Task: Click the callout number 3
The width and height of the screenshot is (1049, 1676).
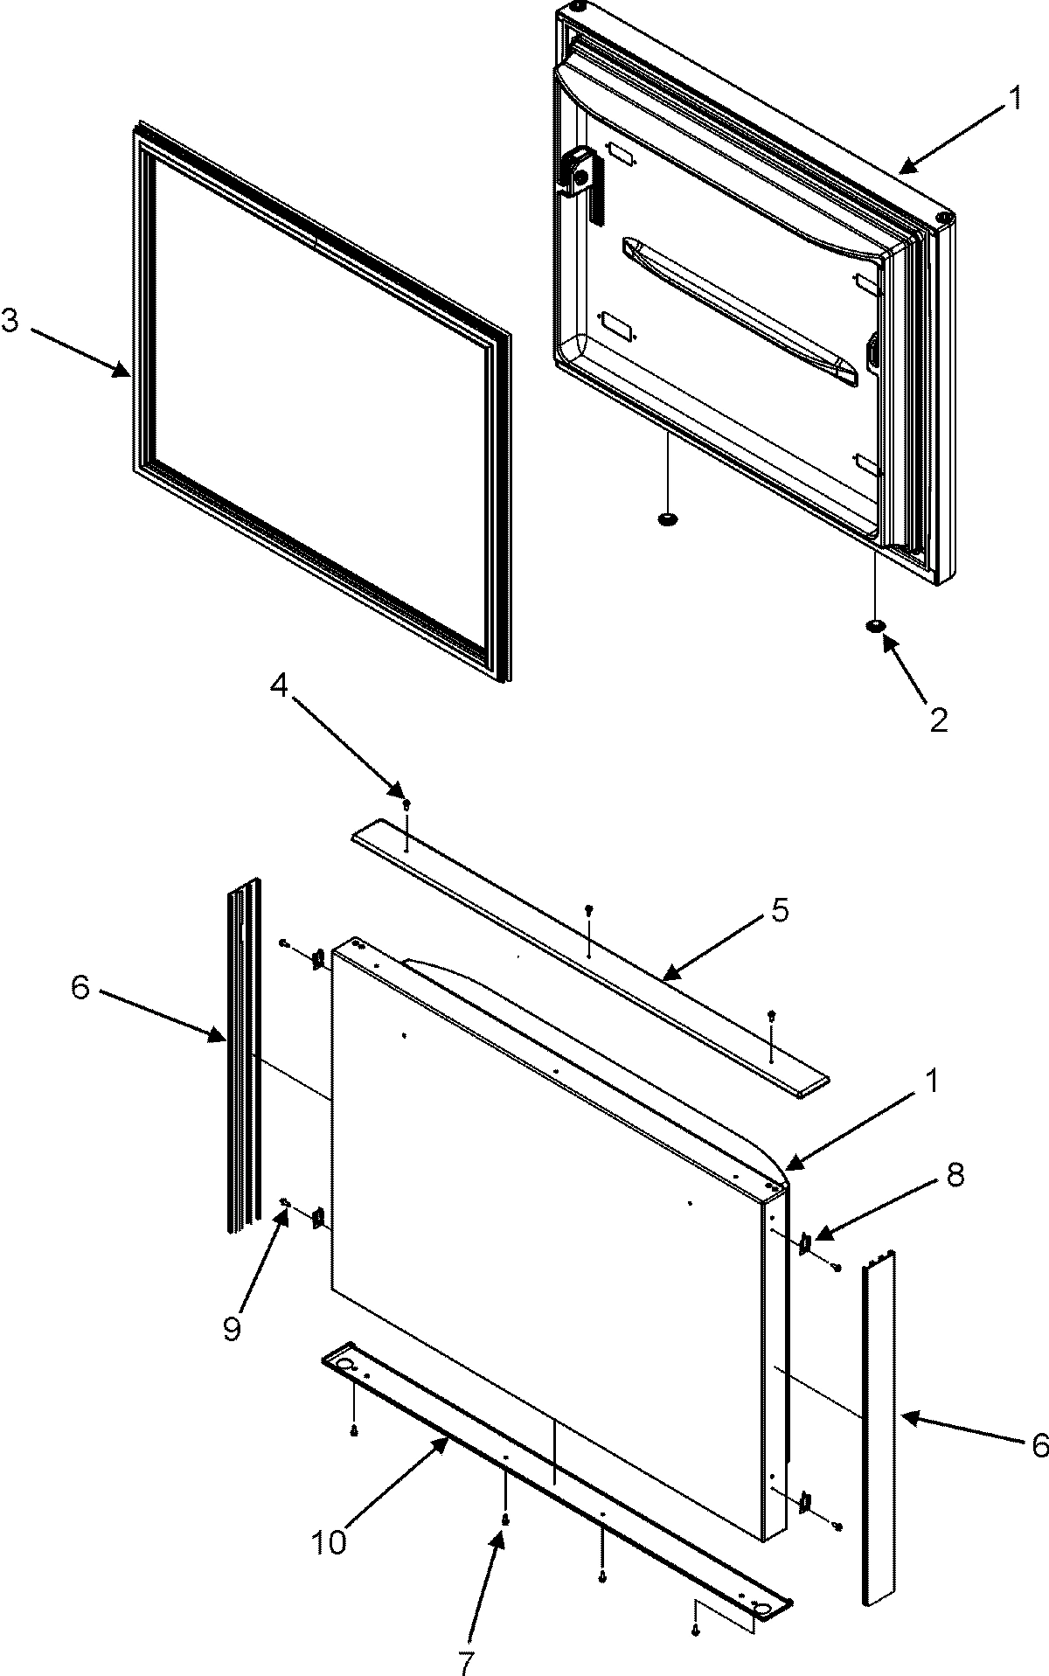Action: [10, 322]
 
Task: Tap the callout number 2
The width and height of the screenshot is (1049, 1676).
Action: [938, 720]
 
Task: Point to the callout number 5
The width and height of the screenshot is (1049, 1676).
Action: [780, 911]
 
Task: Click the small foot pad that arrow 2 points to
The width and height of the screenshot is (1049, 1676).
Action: [874, 625]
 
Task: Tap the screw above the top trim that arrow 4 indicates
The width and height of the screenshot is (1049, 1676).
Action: [406, 803]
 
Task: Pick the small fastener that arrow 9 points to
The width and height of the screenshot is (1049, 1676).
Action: [285, 1205]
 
